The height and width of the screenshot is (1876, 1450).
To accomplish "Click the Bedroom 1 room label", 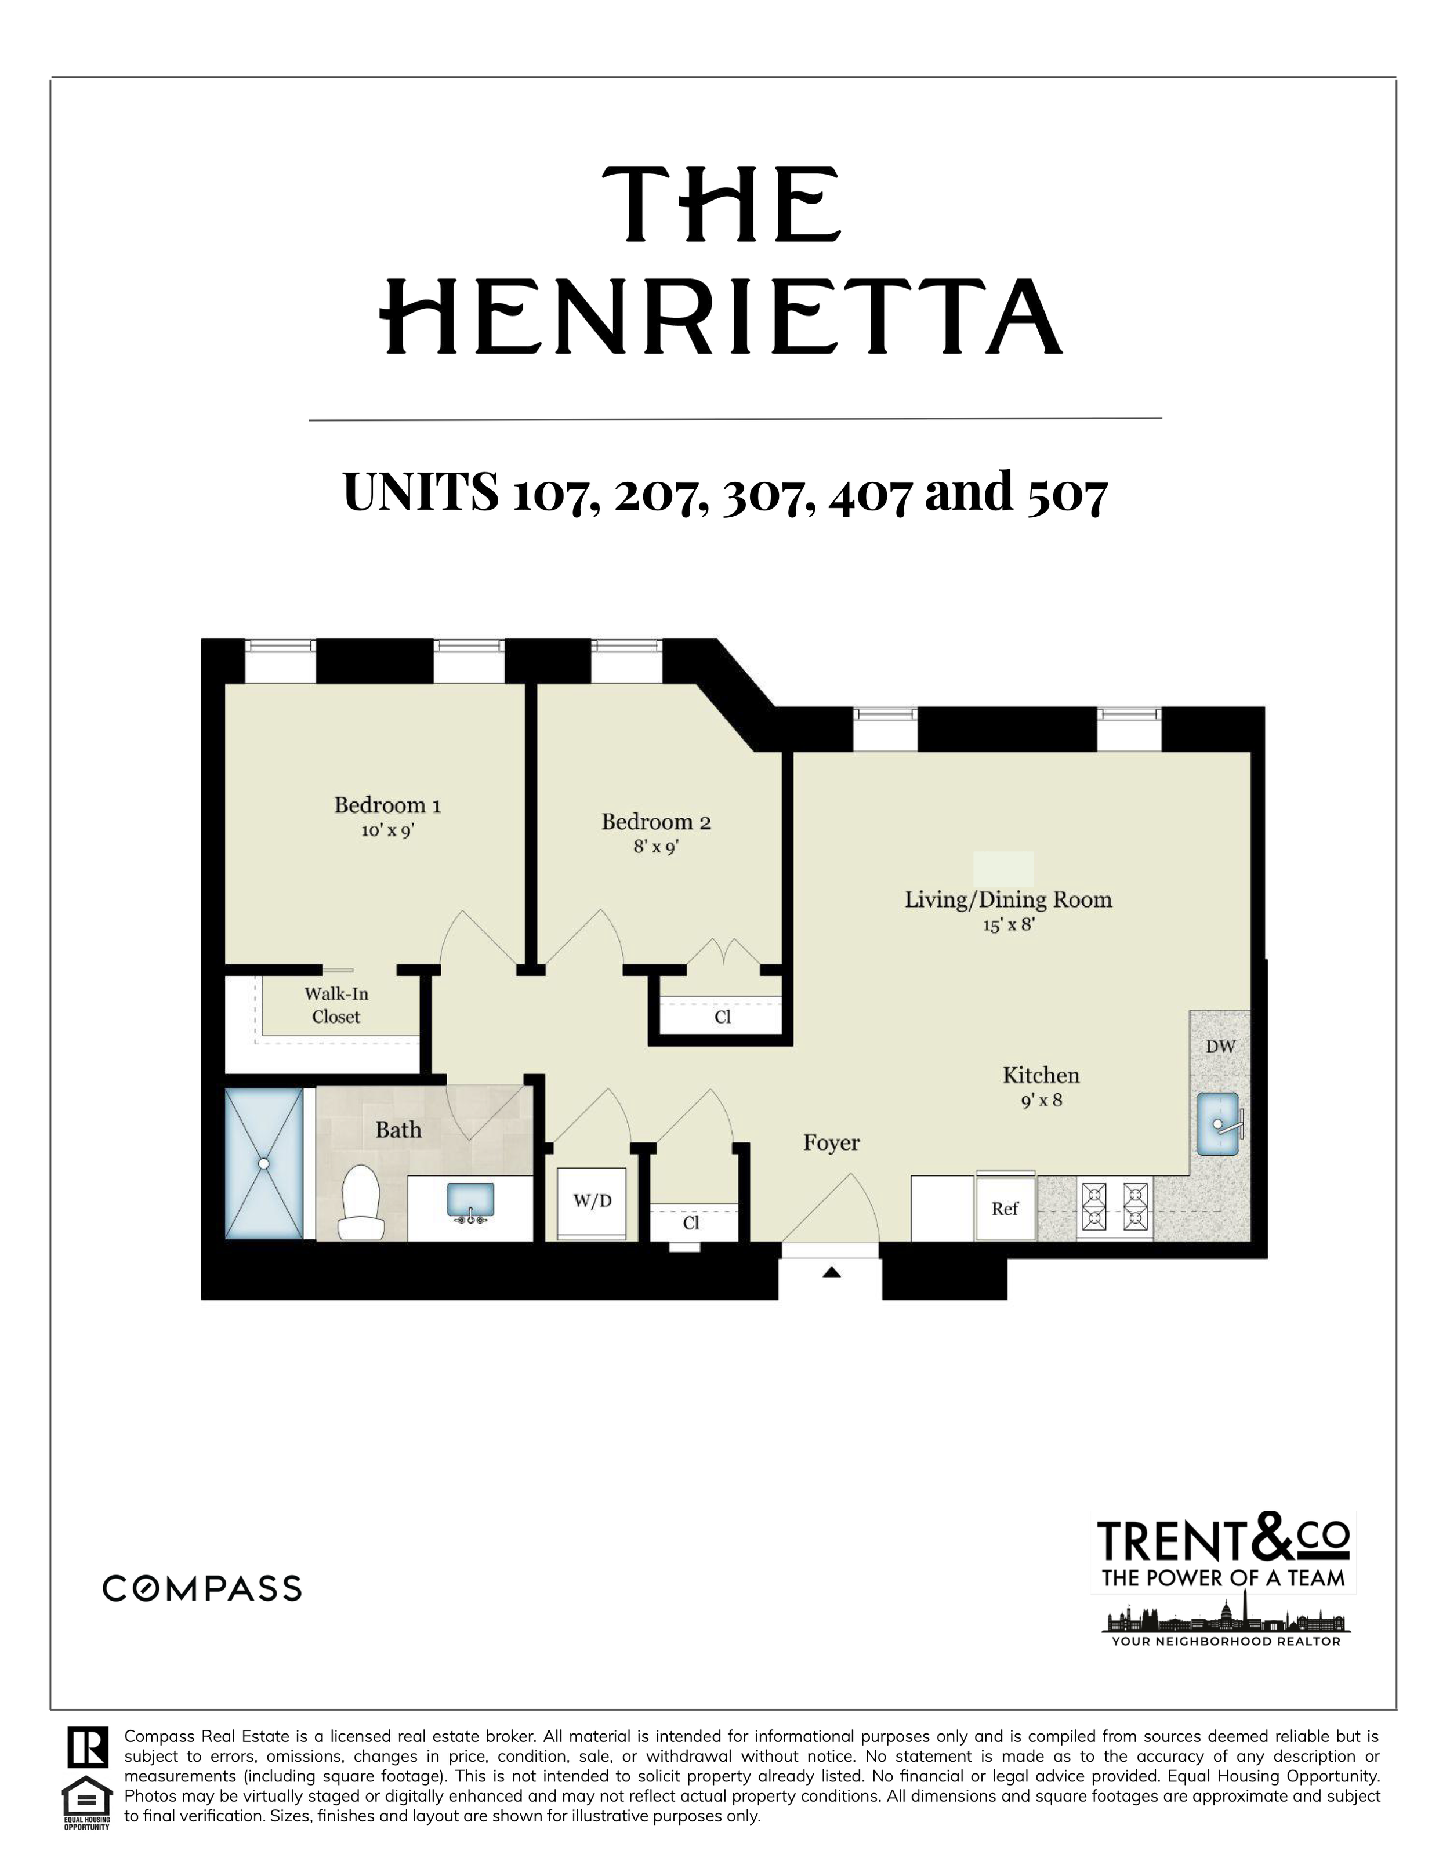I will pyautogui.click(x=387, y=805).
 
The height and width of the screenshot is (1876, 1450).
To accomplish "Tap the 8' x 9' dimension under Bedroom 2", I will pyautogui.click(x=657, y=846).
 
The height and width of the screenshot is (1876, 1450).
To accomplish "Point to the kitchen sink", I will pyautogui.click(x=1219, y=1124).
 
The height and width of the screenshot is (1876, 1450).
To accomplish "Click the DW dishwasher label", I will pyautogui.click(x=1220, y=1046).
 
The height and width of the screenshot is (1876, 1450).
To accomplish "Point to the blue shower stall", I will pyautogui.click(x=264, y=1164).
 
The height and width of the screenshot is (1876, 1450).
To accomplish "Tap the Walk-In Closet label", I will pyautogui.click(x=336, y=1005).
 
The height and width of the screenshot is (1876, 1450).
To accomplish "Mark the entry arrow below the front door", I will pyautogui.click(x=831, y=1272).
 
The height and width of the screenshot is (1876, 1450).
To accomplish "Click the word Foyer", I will pyautogui.click(x=831, y=1142).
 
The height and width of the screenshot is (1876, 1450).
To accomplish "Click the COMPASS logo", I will pyautogui.click(x=202, y=1588).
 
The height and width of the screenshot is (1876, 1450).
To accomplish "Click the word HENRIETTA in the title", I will pyautogui.click(x=723, y=317).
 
